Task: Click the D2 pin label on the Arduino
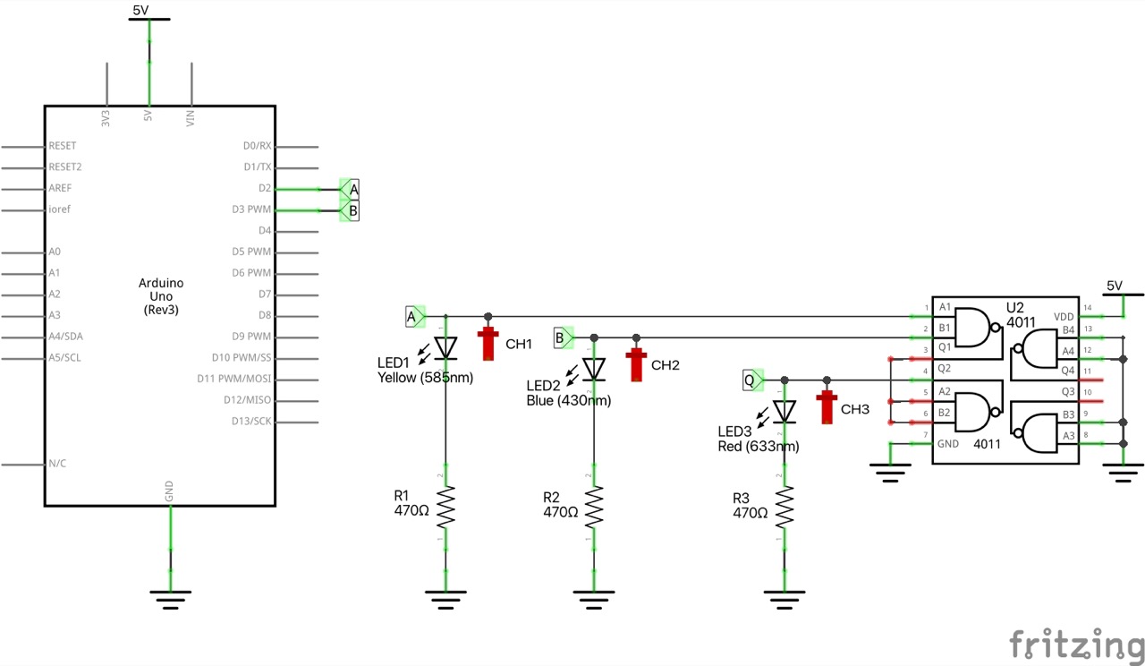pos(263,188)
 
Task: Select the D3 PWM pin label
pos(251,209)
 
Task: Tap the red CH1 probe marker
pos(488,343)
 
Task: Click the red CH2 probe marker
pos(636,363)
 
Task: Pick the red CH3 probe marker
pos(827,406)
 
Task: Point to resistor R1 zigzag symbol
pos(445,508)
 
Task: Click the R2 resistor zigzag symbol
pos(594,508)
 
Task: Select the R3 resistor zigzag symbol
pos(785,508)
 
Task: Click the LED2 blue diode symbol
pos(594,368)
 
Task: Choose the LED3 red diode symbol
pos(785,411)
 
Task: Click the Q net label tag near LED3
pos(751,380)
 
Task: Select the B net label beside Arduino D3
pos(352,210)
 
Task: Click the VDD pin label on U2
pos(1064,316)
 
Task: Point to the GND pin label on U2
pos(947,443)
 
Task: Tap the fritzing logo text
pos(1076,645)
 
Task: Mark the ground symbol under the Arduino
pos(170,598)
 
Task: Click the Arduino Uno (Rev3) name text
pos(160,295)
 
